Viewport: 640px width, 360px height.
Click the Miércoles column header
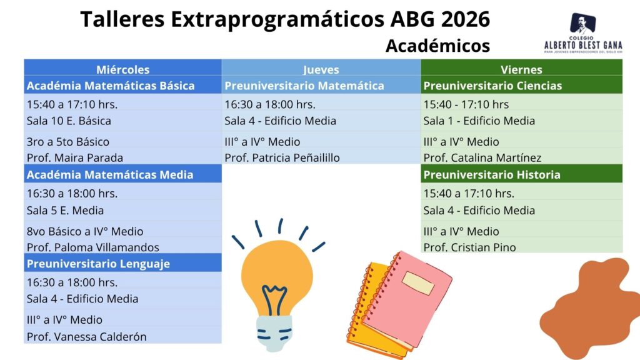(x=123, y=69)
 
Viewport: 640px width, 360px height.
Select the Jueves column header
(x=321, y=70)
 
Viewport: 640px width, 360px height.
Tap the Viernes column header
(x=521, y=69)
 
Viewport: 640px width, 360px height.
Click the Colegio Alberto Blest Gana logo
(x=583, y=34)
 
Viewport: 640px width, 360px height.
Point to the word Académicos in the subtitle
(x=437, y=46)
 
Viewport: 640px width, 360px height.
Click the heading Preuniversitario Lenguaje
(x=98, y=264)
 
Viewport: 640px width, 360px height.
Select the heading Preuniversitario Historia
(x=492, y=175)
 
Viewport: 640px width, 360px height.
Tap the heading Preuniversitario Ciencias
(x=492, y=86)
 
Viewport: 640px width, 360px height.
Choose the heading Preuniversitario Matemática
(x=304, y=86)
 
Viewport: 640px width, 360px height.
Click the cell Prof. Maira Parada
(x=75, y=157)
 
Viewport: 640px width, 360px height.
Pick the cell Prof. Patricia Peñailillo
(x=282, y=157)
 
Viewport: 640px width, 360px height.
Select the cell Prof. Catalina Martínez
(x=482, y=157)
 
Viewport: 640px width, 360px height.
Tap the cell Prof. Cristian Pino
(x=469, y=247)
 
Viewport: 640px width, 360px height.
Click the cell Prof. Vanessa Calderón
(x=86, y=337)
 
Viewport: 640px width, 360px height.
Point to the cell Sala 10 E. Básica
(x=69, y=121)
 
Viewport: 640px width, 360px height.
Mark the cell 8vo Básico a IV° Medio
(x=85, y=231)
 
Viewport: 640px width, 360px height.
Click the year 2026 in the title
(x=465, y=19)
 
